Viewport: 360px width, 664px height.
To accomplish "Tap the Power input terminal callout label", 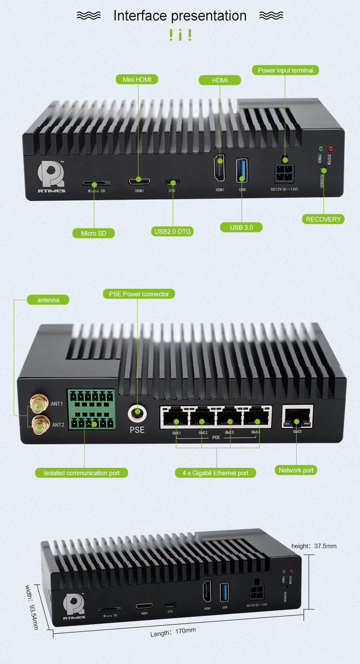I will tap(285, 71).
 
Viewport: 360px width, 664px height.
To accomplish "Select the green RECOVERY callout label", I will tap(324, 219).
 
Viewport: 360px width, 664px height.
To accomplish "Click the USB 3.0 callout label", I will tap(241, 227).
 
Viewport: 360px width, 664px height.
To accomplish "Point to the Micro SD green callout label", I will tap(94, 233).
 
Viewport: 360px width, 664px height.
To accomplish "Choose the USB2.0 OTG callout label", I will tap(172, 232).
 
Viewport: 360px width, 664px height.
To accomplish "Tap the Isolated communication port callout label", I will tap(82, 473).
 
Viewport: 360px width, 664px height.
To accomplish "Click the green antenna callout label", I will tap(48, 300).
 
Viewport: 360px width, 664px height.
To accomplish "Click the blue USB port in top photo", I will tap(241, 170).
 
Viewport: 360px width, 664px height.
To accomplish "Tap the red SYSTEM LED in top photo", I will tap(330, 149).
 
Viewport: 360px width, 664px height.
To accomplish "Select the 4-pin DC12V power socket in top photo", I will tap(285, 173).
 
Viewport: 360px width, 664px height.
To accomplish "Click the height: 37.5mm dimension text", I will tap(314, 546).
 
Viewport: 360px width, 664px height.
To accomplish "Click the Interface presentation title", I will tap(180, 16).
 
